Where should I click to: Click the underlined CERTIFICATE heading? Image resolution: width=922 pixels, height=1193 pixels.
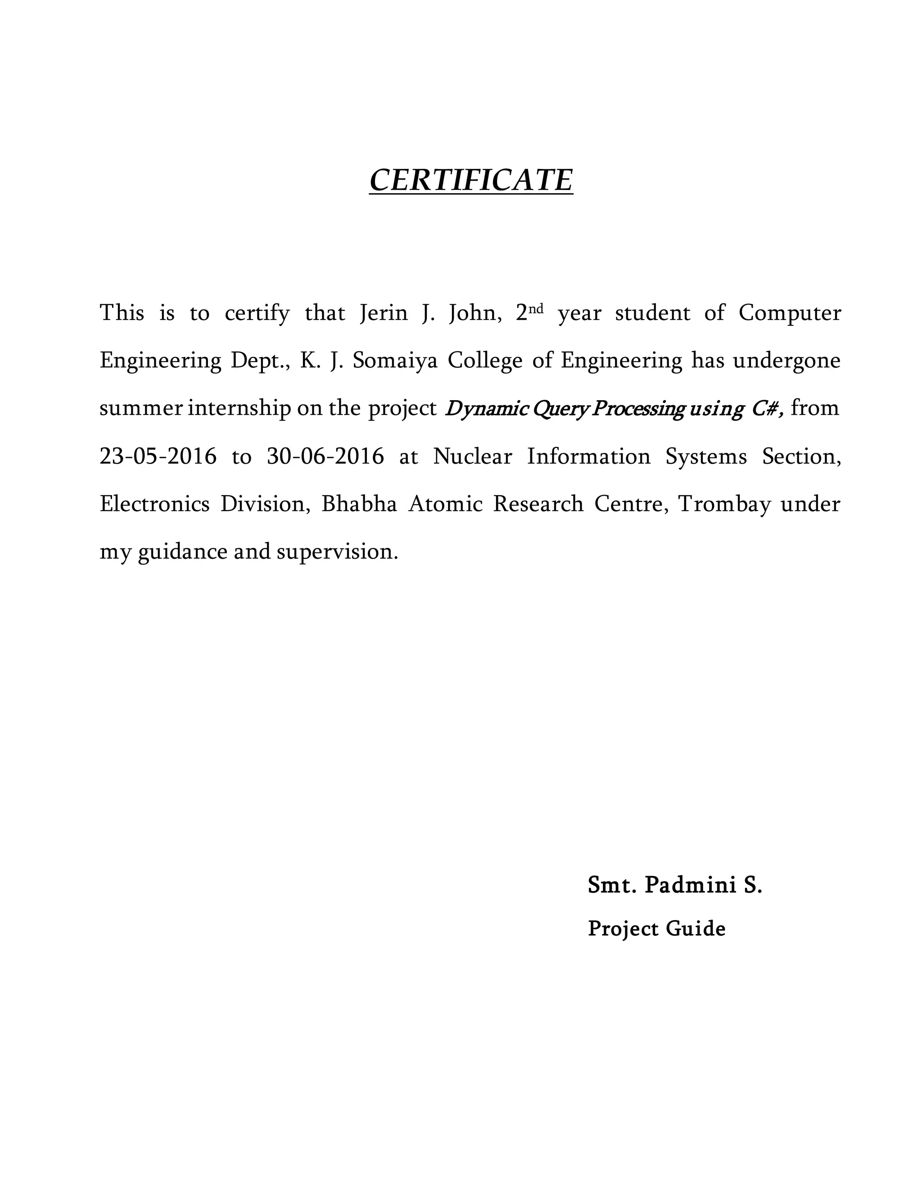(x=471, y=180)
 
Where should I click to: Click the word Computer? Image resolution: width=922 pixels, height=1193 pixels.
(x=789, y=313)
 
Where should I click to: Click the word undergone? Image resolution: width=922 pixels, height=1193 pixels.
(x=786, y=362)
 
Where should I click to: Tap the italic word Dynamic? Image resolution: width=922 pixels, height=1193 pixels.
(x=486, y=409)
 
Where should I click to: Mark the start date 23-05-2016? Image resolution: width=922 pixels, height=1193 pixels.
(x=158, y=456)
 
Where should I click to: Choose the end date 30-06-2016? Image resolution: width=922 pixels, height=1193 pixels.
(x=325, y=456)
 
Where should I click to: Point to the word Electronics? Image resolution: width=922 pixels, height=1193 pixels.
(x=154, y=504)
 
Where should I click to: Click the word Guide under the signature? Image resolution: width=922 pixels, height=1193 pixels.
(x=695, y=929)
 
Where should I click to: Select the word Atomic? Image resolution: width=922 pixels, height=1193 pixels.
(x=445, y=504)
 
